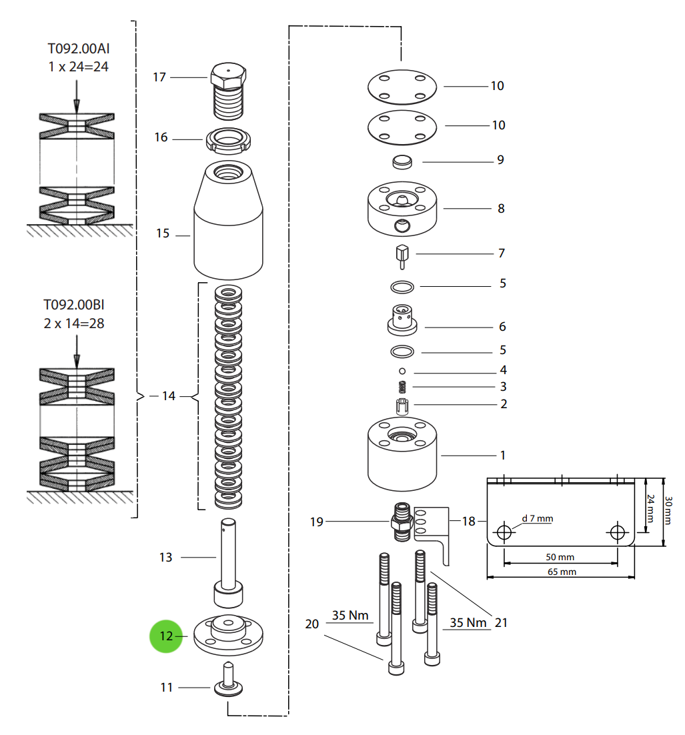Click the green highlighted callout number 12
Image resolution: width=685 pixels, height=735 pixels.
click(165, 636)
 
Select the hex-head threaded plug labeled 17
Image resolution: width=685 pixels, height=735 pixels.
click(228, 90)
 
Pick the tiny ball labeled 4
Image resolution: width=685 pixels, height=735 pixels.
click(402, 370)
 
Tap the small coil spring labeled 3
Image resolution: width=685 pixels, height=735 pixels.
click(402, 386)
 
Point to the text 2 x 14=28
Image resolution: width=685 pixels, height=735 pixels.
click(73, 323)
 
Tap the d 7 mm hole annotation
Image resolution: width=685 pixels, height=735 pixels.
click(537, 518)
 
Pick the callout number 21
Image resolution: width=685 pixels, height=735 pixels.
click(501, 622)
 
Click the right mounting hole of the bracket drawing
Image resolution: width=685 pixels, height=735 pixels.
click(617, 532)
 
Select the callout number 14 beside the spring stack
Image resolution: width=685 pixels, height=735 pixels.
click(168, 396)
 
